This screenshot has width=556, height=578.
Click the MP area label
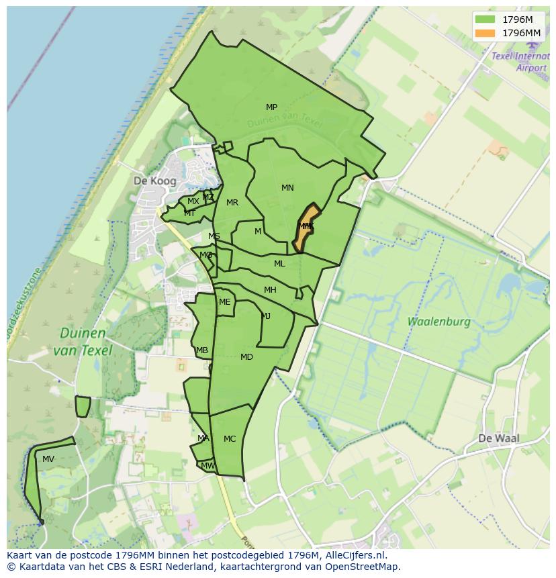click(x=271, y=107)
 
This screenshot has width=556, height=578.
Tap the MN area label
click(x=287, y=188)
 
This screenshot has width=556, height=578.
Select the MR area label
click(x=232, y=203)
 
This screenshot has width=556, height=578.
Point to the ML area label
click(x=279, y=264)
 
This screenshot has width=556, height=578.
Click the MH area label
click(x=270, y=290)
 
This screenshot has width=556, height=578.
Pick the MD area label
click(x=246, y=357)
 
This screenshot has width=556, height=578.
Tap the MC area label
click(x=230, y=439)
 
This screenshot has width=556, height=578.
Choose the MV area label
click(x=48, y=459)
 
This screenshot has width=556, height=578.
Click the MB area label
click(x=202, y=350)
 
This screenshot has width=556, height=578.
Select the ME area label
click(x=224, y=302)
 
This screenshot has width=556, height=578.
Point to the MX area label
click(x=193, y=201)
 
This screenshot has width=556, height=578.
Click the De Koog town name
click(x=154, y=181)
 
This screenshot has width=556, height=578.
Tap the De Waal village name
click(x=498, y=438)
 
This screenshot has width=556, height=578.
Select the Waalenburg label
click(x=439, y=322)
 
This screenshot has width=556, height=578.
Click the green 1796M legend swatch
click(x=485, y=19)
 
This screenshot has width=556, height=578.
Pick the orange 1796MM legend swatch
click(x=485, y=33)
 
